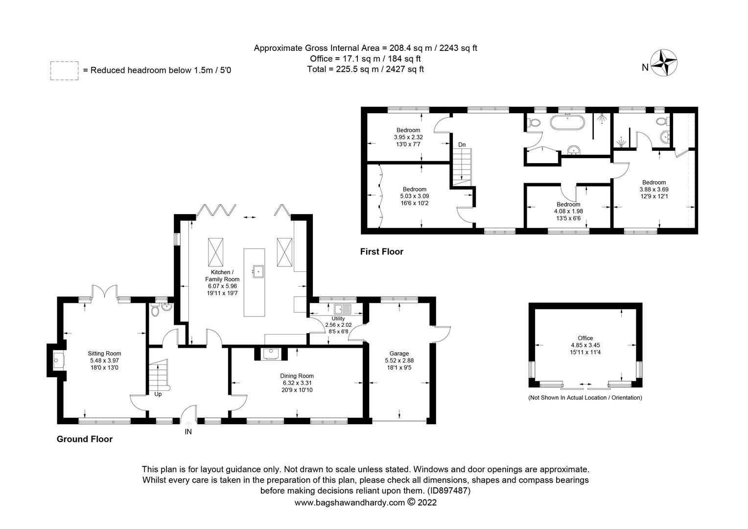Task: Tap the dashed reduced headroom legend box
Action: (64, 70)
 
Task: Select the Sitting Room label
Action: (104, 353)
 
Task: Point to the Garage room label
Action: (399, 353)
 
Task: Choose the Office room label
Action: (585, 338)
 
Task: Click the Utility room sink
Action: (341, 309)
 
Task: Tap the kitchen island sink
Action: (258, 270)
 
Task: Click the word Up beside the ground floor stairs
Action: (158, 394)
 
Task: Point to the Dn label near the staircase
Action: (462, 144)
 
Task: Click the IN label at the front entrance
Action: (188, 432)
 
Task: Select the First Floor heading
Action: (381, 252)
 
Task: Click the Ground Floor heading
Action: (85, 439)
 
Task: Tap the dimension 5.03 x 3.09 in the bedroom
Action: (414, 196)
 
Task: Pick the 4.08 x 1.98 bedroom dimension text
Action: (568, 211)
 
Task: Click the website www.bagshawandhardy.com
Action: (350, 502)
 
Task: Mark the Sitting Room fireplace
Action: (58, 361)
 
